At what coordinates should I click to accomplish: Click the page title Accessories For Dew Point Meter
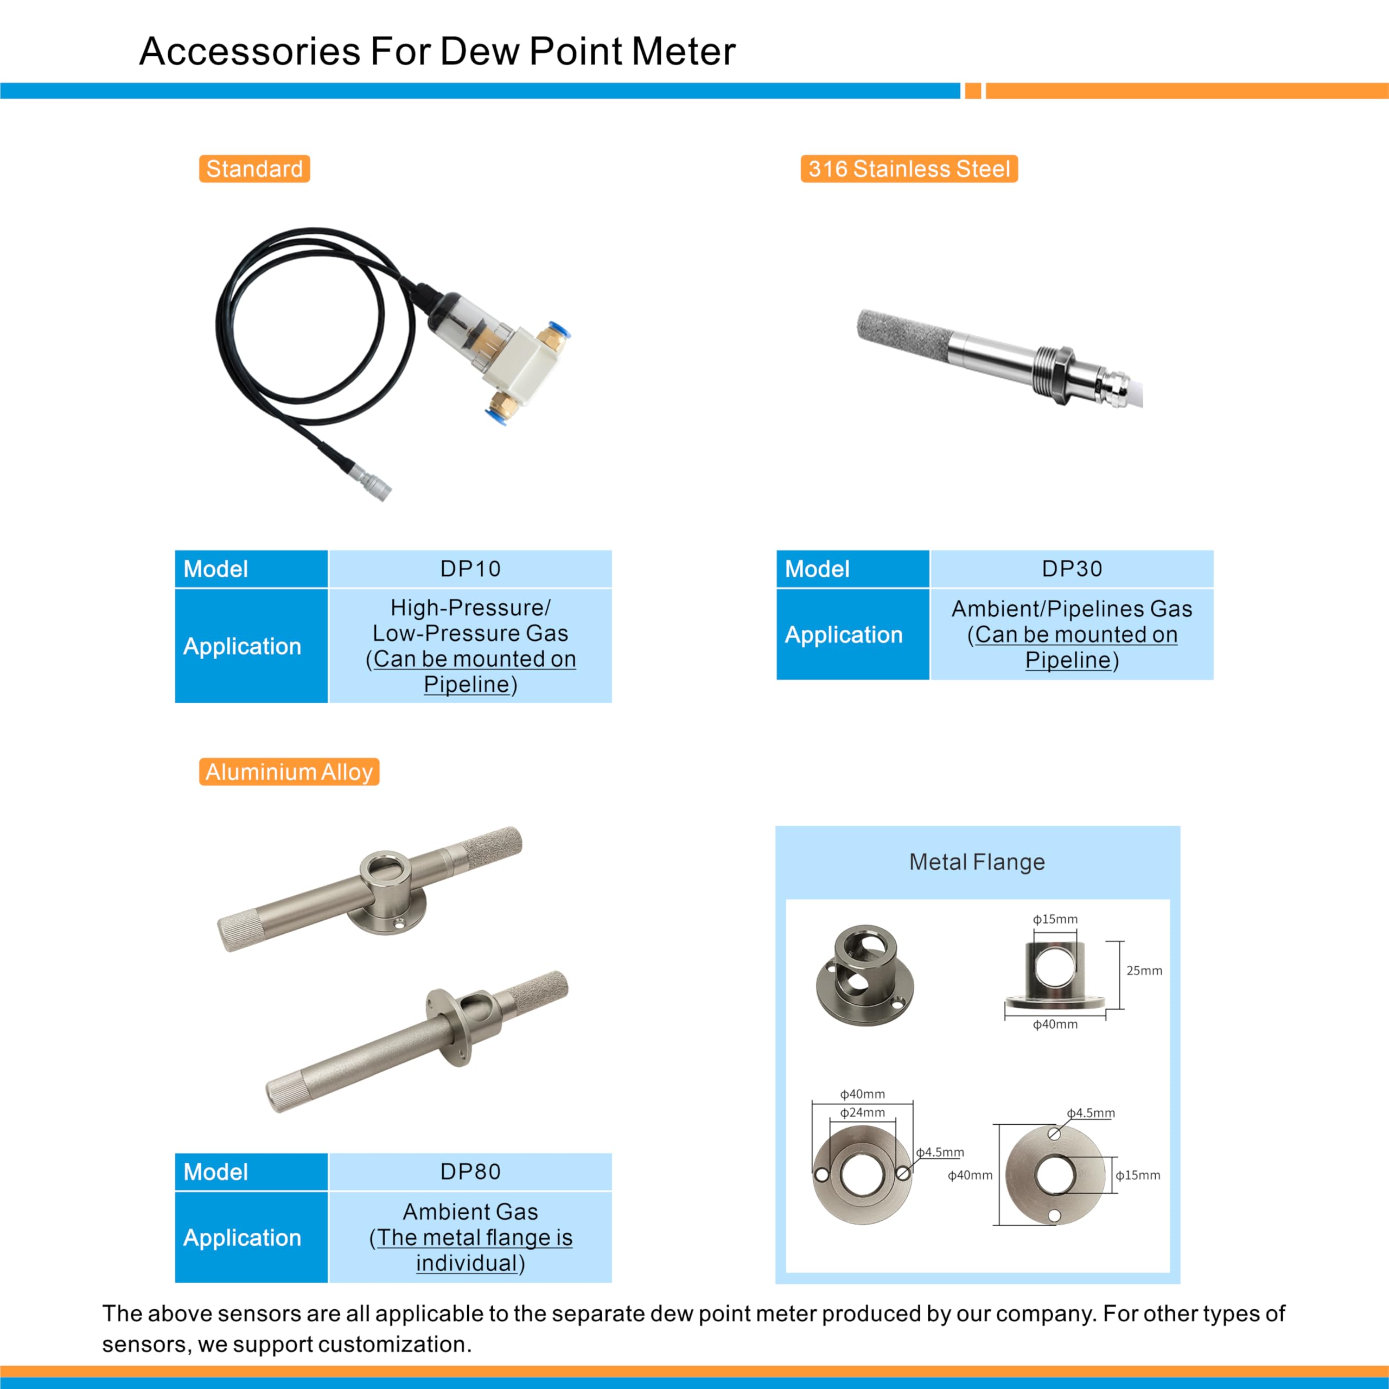click(437, 52)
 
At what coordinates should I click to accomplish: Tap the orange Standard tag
click(254, 169)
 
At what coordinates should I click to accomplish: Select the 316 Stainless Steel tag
click(909, 169)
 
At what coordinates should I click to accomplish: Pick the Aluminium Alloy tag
click(289, 772)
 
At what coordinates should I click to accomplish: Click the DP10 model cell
click(470, 569)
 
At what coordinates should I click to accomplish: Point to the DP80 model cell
click(470, 1171)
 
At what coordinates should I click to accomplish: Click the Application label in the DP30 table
click(843, 634)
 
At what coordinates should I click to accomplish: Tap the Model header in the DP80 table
click(216, 1171)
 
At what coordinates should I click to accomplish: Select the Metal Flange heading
click(977, 861)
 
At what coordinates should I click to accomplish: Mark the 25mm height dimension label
click(1144, 971)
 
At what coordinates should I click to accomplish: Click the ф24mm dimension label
click(862, 1112)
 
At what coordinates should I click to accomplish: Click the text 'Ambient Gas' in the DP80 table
click(470, 1212)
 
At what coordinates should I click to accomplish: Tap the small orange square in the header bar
click(973, 91)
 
